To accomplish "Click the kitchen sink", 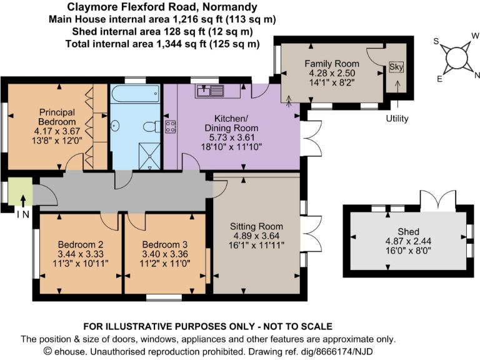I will (209, 91).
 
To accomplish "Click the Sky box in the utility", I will (396, 67).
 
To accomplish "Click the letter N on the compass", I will (477, 75).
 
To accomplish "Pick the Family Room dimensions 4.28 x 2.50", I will (331, 73).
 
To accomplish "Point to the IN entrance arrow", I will (22, 201).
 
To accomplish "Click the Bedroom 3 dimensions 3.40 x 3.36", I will (164, 254).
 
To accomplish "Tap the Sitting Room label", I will (256, 226).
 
